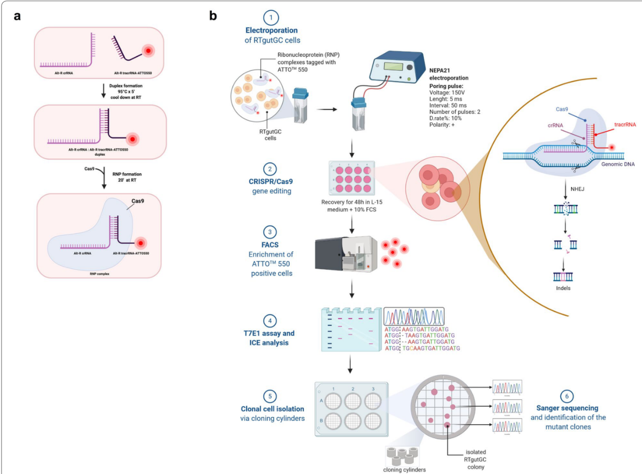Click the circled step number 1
point(270,18)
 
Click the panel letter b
point(213,15)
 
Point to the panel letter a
point(17,15)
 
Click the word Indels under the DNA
point(563,288)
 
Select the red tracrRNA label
point(627,124)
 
